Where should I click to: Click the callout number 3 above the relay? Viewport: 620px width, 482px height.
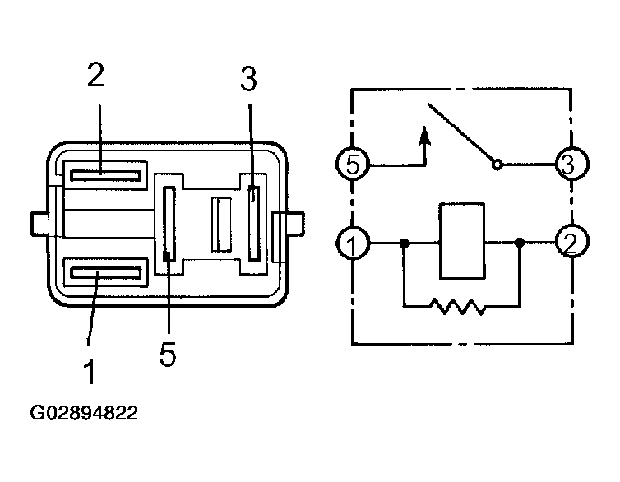248,81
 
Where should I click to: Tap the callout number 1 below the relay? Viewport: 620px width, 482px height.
90,372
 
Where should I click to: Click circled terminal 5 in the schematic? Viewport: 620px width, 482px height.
352,164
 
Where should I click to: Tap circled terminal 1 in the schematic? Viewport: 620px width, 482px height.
352,243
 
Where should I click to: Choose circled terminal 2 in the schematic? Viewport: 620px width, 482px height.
569,243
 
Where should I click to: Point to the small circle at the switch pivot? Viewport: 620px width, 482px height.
497,165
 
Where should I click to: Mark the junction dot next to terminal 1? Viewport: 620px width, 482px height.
404,243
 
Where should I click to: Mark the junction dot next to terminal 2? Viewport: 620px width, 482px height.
520,243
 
